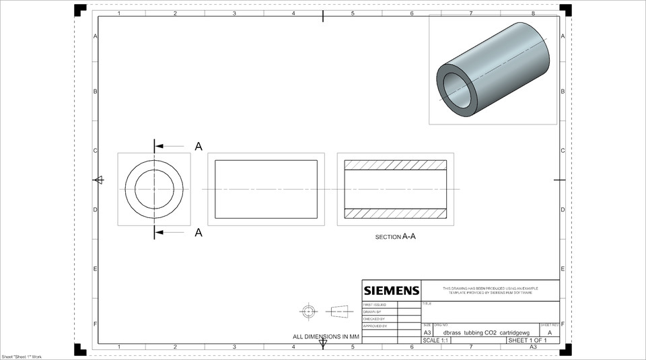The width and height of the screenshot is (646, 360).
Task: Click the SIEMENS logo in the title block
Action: coord(392,291)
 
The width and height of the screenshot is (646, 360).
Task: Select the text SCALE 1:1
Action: coord(435,340)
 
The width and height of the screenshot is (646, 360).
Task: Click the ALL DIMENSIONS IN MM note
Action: coord(326,336)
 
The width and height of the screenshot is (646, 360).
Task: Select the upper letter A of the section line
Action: coord(199,146)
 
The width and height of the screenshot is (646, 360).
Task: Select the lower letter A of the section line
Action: coord(199,233)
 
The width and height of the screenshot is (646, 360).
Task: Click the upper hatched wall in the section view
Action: coord(395,165)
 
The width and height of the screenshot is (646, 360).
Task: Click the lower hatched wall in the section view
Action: coord(395,213)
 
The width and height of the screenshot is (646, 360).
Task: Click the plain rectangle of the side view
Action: coord(266,189)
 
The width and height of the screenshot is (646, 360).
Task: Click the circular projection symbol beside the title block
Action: coord(309,311)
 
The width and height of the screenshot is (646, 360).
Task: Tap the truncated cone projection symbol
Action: coord(340,311)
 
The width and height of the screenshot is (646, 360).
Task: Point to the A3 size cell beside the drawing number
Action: coord(427,332)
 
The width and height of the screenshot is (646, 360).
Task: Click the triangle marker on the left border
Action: coord(98,180)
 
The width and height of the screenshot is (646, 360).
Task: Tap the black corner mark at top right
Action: coord(565,9)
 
